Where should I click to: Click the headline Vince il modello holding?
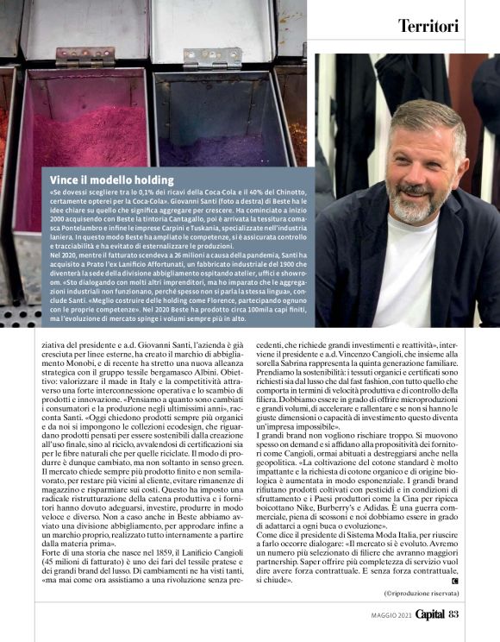pyautogui.click(x=112, y=179)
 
